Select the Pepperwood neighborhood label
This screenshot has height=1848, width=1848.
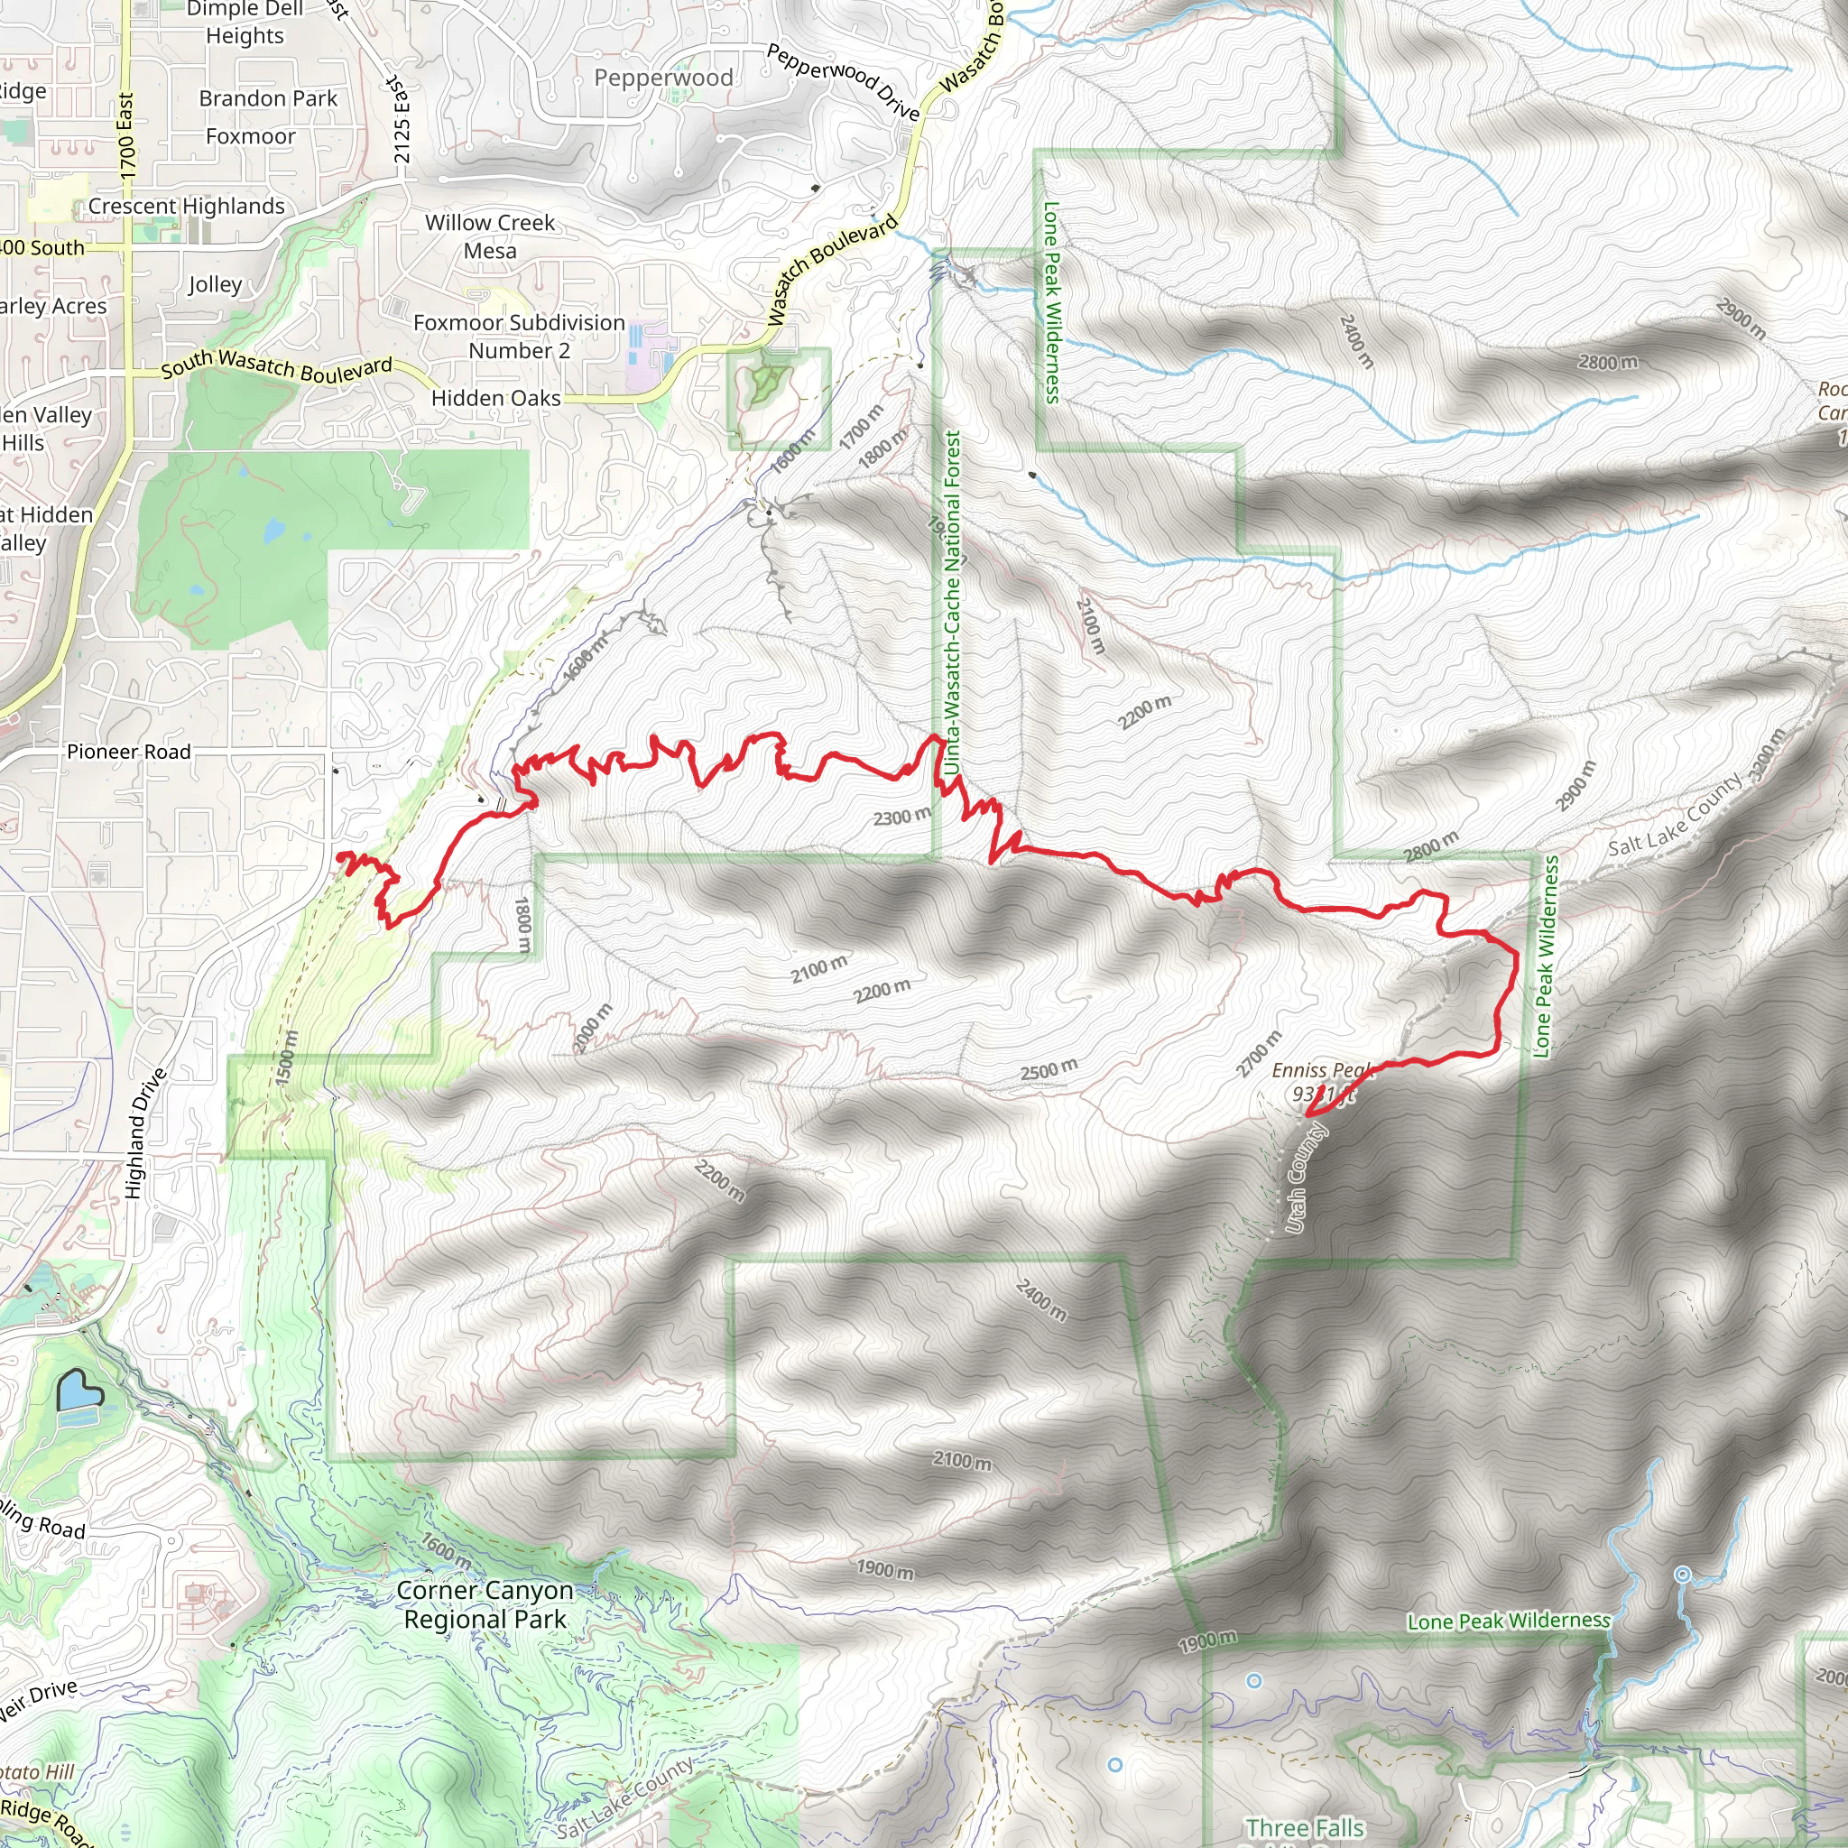point(663,78)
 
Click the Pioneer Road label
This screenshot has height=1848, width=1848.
point(128,752)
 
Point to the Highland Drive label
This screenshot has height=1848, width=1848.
point(145,1133)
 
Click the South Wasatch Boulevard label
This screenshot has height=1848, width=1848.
point(276,365)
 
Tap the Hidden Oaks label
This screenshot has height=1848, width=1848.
point(495,398)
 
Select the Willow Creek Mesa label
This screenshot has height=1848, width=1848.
point(490,236)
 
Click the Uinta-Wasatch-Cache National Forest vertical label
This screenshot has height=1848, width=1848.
point(952,603)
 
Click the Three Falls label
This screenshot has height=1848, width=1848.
point(1305,1828)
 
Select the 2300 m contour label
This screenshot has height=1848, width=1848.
point(901,816)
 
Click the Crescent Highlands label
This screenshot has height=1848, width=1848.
point(187,207)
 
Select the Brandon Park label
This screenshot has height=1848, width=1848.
point(268,98)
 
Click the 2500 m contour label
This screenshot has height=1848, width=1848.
point(1049,1069)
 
